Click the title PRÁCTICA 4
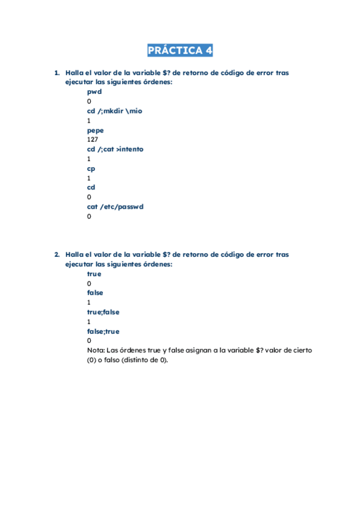180,51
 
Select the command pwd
94,92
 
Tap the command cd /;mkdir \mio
115,111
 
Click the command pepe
96,130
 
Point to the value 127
93,140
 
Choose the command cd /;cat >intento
115,149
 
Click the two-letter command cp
91,168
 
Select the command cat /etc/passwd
115,207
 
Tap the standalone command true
94,274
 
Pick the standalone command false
95,293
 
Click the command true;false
103,312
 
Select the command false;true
103,331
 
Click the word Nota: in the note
96,351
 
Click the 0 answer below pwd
90,102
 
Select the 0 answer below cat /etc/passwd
90,217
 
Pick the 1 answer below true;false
89,322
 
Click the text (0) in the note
92,360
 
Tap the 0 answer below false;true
90,341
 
